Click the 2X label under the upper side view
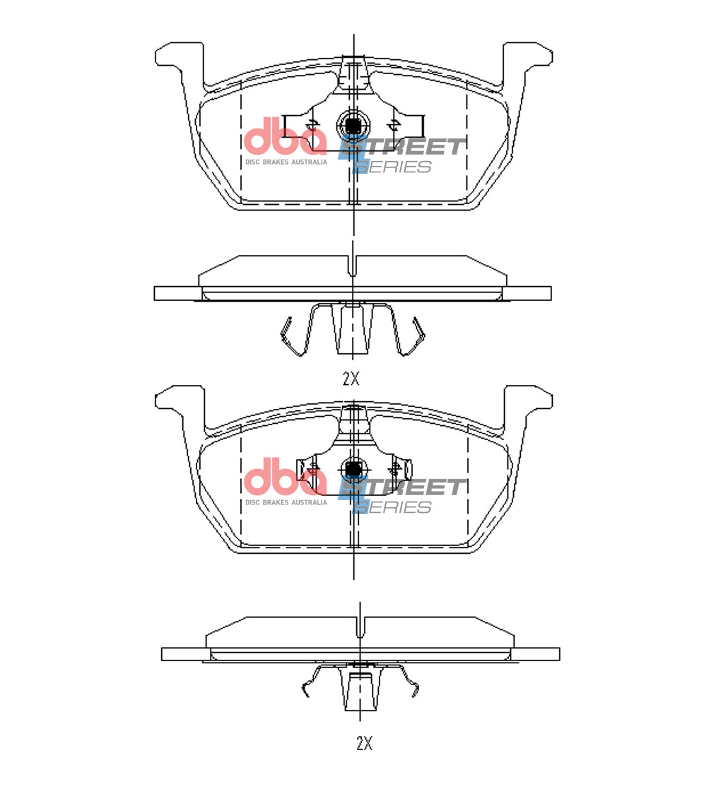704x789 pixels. [x=351, y=379]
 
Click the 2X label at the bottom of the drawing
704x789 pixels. [x=364, y=742]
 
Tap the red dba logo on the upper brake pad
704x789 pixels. [x=285, y=136]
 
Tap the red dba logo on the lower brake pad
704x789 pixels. [x=285, y=477]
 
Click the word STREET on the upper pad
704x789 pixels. [x=402, y=147]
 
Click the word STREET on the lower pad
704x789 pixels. [x=402, y=487]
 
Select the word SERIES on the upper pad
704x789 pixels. [x=393, y=167]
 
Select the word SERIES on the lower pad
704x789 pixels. [x=393, y=507]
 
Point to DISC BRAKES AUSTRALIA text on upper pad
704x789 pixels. [x=286, y=162]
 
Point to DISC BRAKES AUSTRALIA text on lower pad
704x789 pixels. [x=286, y=502]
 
